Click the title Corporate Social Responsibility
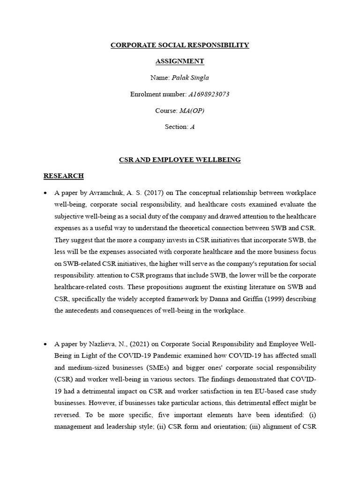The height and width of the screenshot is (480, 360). [180, 45]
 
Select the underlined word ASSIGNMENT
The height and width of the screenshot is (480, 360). [180, 61]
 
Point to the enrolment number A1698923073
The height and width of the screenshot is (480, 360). [209, 94]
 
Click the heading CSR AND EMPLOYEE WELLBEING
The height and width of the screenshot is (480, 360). [180, 160]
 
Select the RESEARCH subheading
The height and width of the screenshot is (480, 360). [63, 176]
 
